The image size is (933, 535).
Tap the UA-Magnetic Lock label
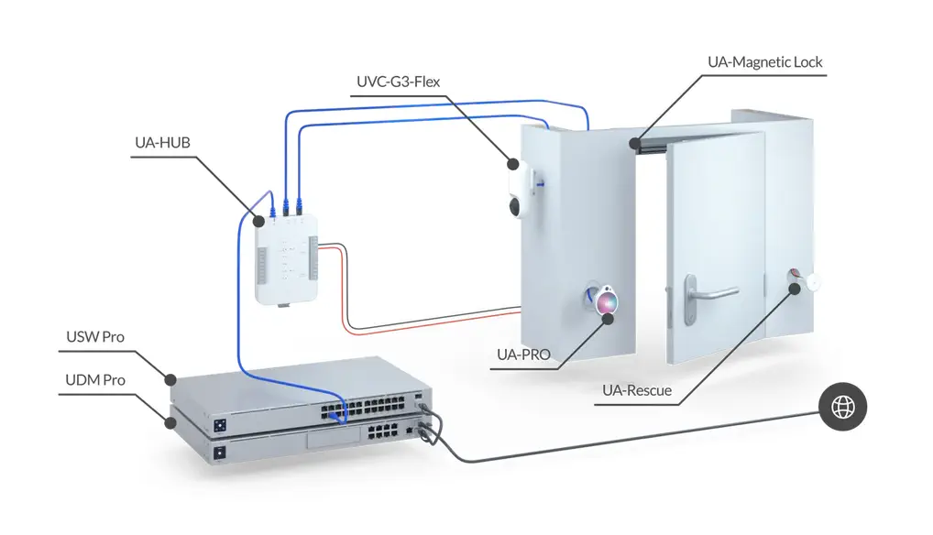coord(764,62)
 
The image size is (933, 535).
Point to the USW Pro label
coord(94,337)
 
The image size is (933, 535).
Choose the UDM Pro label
coord(95,379)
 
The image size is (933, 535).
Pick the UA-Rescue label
coord(636,390)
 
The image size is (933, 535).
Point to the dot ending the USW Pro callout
coord(170,378)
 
